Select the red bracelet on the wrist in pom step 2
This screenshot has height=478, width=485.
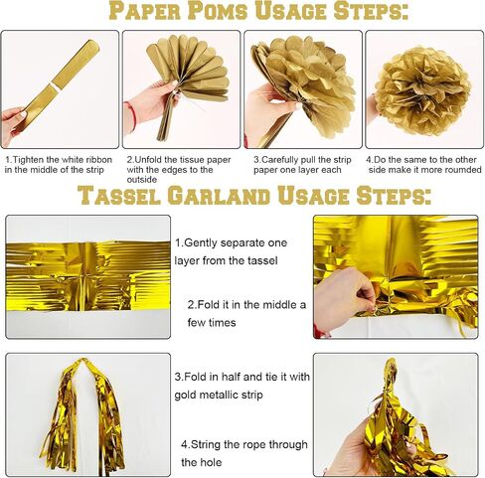pos(132,115)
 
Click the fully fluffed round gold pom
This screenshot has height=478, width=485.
pos(422,91)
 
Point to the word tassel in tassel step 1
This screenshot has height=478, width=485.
pos(262,260)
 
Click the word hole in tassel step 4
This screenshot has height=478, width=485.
pos(212,462)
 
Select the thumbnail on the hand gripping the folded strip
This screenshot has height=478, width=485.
pos(23,114)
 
